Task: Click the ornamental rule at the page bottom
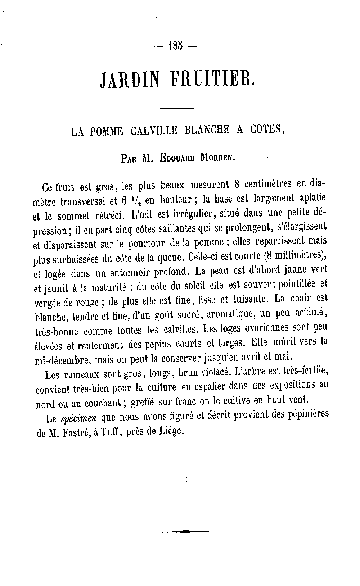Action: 185,531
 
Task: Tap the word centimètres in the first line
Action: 268,185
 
